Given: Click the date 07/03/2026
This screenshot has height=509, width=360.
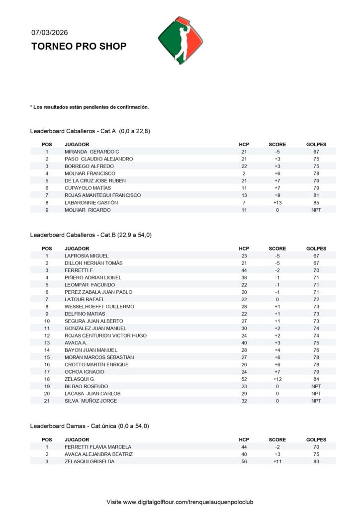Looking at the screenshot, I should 50,33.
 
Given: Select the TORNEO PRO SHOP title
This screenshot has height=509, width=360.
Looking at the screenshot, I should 79,46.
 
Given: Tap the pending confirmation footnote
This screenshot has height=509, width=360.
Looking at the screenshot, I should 90,107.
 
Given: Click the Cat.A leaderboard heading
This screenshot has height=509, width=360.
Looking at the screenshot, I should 90,131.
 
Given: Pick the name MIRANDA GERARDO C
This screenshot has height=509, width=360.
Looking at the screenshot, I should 92,152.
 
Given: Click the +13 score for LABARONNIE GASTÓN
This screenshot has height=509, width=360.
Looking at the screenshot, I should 277,203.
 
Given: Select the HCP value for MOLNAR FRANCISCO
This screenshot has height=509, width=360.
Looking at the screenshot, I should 244,173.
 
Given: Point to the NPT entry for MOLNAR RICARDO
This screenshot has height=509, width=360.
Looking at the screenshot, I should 316,210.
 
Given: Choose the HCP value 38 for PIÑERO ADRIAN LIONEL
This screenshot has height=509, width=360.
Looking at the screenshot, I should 244,277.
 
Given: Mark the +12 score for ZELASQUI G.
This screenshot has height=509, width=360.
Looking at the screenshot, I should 277,379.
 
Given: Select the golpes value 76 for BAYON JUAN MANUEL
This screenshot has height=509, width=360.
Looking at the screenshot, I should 316,350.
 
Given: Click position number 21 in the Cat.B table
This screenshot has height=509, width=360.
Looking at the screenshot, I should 47,401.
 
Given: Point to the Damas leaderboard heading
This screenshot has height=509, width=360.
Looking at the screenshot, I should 90,426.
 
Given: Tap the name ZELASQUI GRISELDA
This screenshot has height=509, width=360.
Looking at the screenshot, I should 90,462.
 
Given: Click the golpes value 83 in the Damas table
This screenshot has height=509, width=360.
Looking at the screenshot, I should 316,462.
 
